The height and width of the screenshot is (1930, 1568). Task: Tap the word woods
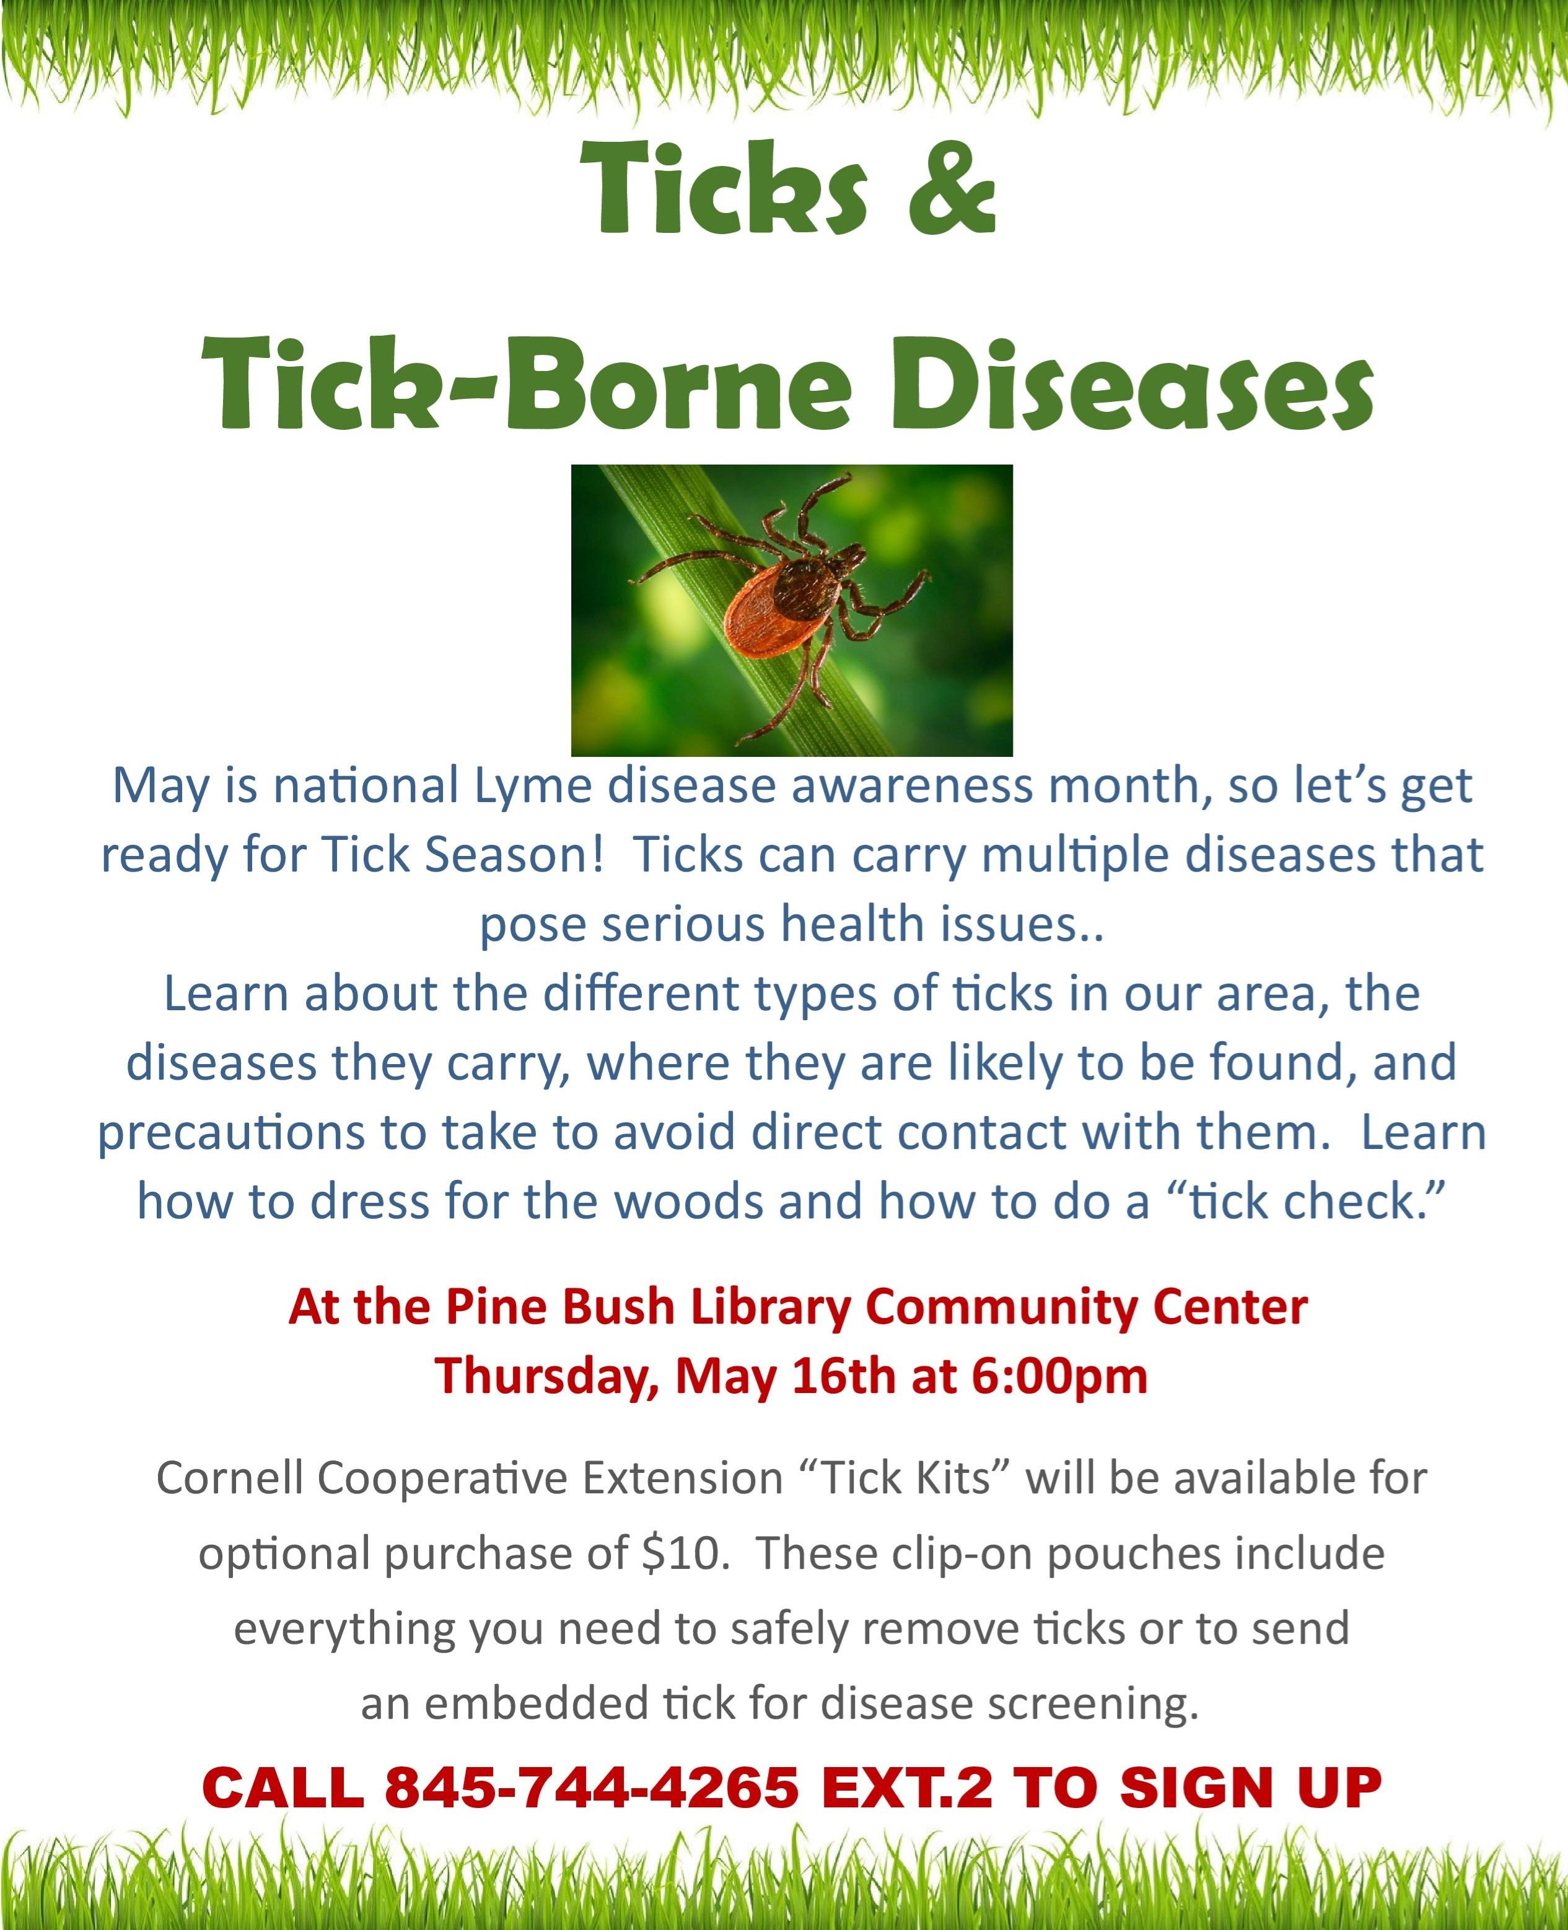pyautogui.click(x=700, y=1202)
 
